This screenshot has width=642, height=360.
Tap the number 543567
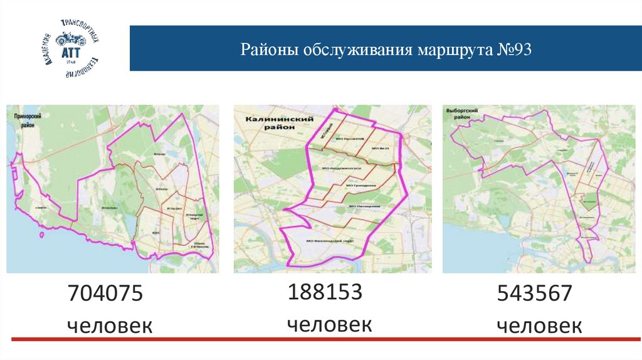pos(534,294)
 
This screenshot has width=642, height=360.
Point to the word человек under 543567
pos(539,326)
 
